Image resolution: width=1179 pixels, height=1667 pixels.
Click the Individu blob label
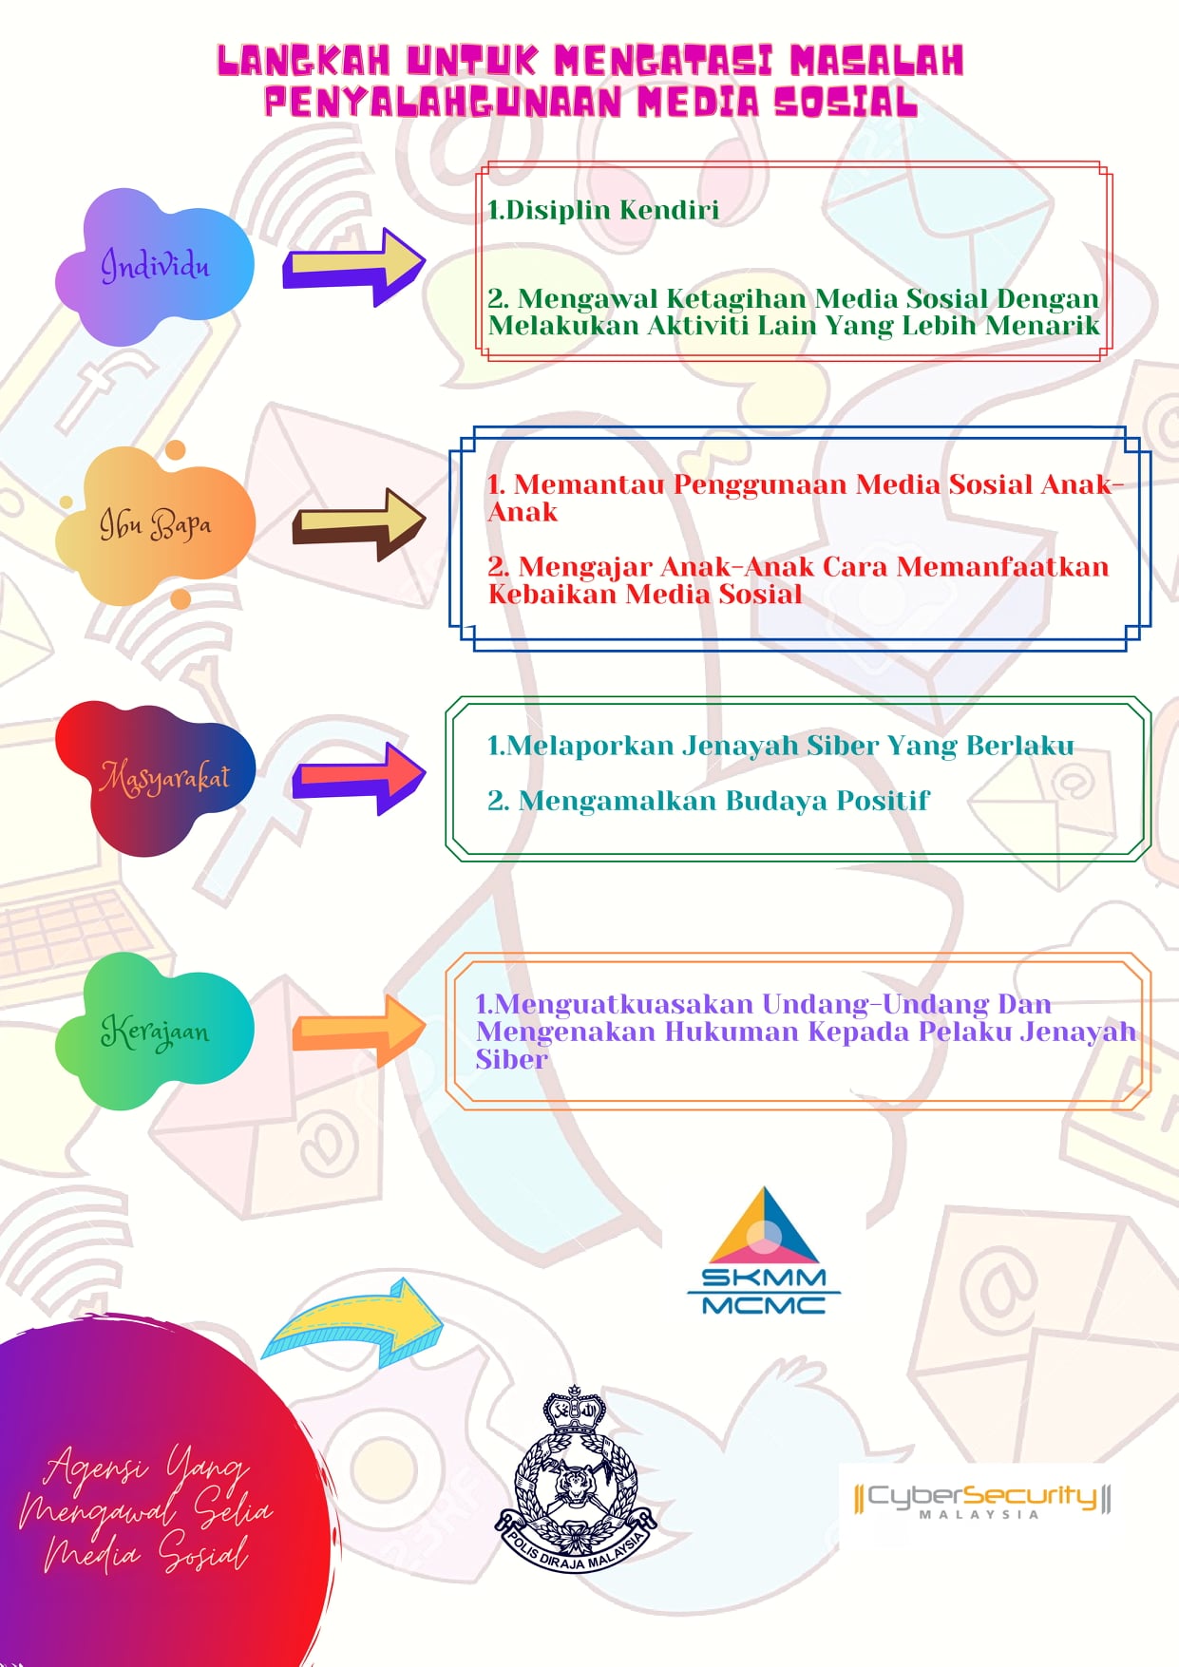click(155, 265)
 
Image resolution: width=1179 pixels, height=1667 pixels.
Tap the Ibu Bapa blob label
click(155, 524)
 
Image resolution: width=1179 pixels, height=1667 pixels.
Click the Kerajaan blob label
click(155, 1031)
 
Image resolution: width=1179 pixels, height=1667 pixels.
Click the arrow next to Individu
click(354, 267)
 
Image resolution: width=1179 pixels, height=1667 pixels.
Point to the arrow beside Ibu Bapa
click(359, 523)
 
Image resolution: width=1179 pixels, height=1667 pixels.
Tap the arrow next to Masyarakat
click(359, 778)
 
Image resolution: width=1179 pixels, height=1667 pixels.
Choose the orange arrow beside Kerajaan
click(359, 1030)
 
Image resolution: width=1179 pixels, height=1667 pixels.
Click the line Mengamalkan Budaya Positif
click(723, 801)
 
